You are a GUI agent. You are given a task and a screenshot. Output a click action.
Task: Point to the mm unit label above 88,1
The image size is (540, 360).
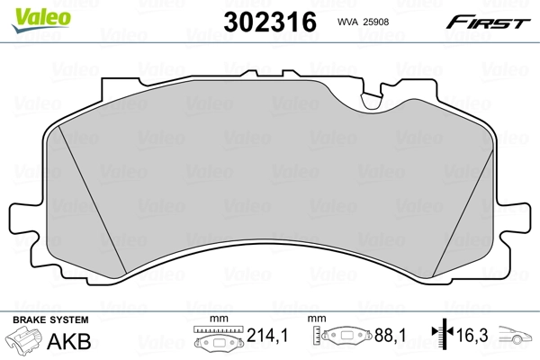(x=319, y=319)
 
